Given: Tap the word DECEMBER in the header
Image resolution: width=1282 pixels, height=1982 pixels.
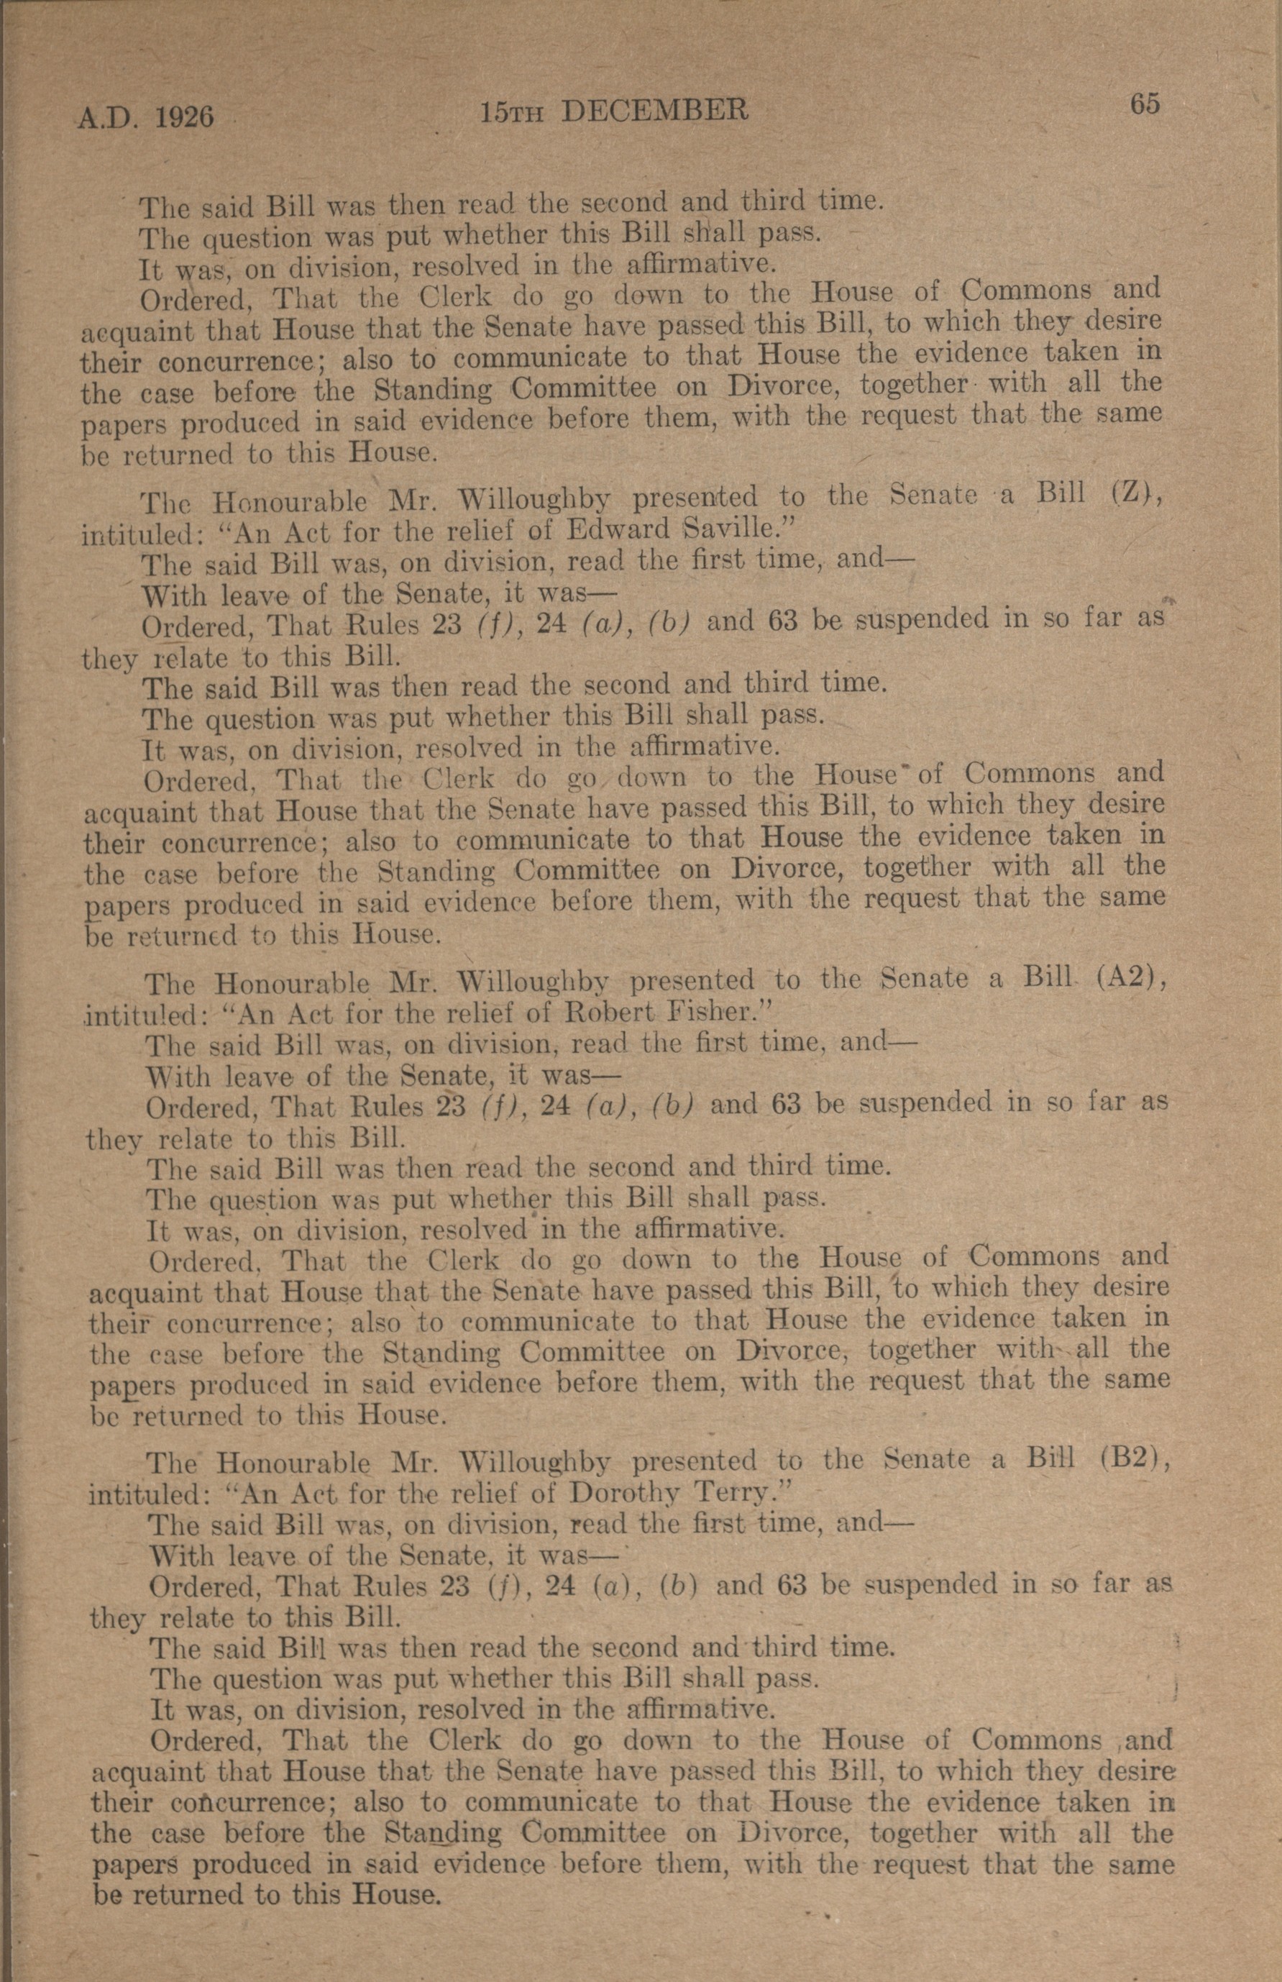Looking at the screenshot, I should point(654,110).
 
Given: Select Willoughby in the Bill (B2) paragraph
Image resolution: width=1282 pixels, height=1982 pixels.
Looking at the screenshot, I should point(535,1463).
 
